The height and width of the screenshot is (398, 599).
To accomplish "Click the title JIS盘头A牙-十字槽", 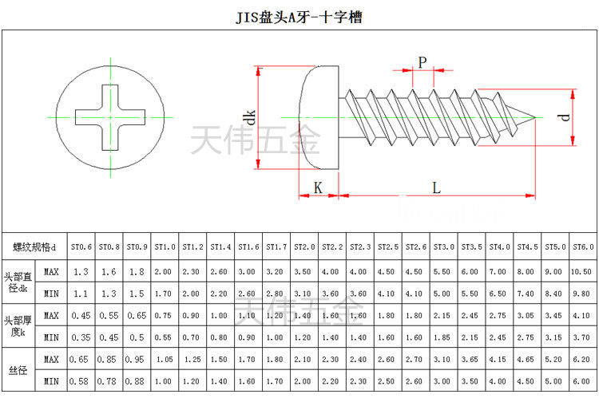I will [x=299, y=17].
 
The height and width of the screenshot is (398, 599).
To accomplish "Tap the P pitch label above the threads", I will [x=422, y=61].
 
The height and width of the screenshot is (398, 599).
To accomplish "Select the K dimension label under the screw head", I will [x=318, y=187].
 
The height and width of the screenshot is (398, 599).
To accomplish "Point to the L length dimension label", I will [x=436, y=187].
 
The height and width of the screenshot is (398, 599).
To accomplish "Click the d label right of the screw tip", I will [x=564, y=116].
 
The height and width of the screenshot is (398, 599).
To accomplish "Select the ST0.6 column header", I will [x=81, y=246].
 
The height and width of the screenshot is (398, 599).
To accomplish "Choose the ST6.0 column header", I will [x=582, y=246].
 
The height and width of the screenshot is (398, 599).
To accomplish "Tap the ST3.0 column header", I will [x=443, y=246].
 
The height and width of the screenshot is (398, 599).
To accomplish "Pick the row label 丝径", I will [x=17, y=370].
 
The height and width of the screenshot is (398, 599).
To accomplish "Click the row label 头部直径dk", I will [x=17, y=282].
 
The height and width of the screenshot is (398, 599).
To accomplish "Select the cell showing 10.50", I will [x=582, y=271].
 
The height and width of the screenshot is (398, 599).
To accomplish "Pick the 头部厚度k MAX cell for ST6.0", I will [x=582, y=315].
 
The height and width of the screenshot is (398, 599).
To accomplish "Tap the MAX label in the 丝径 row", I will [x=51, y=359].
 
